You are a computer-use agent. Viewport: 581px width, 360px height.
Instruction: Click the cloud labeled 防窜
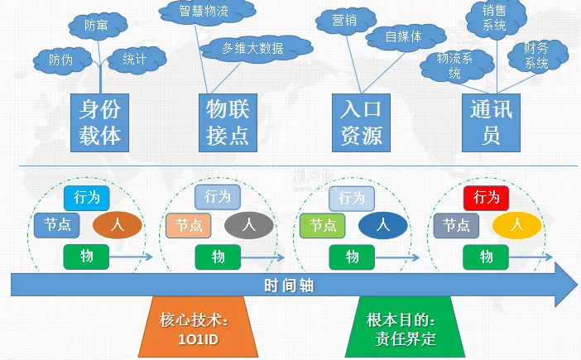point(96,26)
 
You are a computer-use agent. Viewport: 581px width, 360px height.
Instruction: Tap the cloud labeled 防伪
point(60,60)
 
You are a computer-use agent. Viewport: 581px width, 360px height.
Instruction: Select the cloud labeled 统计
point(134,59)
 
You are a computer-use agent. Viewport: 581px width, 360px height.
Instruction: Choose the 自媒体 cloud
point(403,37)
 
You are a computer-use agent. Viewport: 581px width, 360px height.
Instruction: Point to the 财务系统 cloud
point(535,55)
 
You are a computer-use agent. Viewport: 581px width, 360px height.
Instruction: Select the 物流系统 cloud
point(454,65)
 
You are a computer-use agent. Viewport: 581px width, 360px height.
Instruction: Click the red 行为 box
point(486,198)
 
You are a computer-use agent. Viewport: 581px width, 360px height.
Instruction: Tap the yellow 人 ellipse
point(516,224)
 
